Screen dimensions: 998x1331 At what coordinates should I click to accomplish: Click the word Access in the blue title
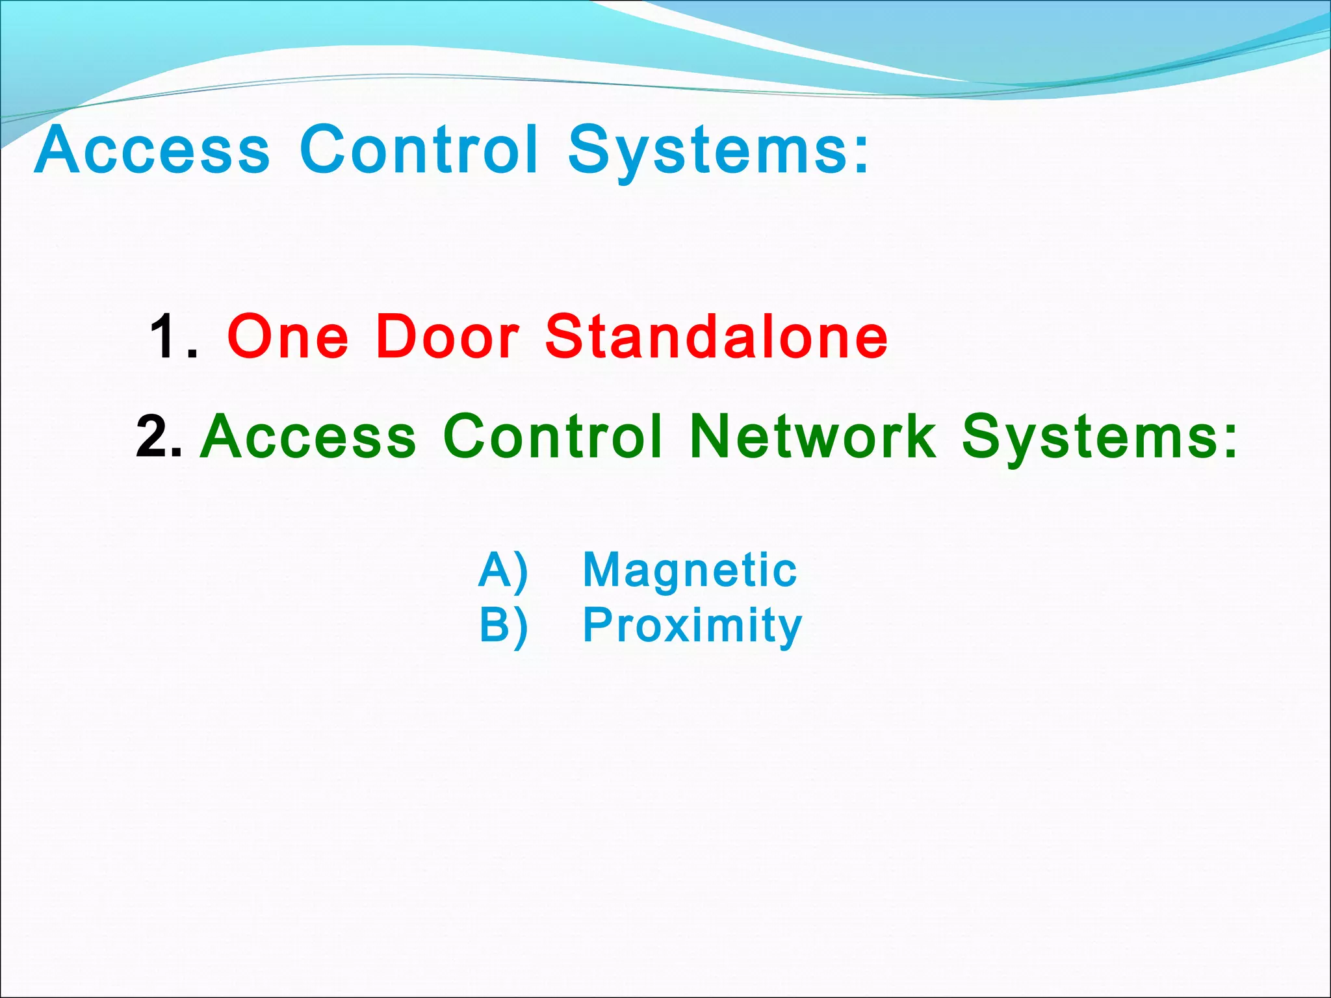click(x=152, y=150)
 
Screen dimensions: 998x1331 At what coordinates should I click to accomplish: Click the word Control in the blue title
click(x=419, y=150)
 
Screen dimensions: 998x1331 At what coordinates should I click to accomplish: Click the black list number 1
click(x=165, y=337)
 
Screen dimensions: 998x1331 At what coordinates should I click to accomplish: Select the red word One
click(x=288, y=337)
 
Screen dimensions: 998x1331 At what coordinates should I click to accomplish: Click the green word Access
click(x=308, y=436)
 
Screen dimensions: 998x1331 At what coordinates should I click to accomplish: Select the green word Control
click(x=553, y=436)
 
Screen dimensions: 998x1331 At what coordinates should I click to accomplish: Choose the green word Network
click(x=813, y=436)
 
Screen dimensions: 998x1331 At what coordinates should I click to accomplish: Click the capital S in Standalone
click(x=564, y=337)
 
